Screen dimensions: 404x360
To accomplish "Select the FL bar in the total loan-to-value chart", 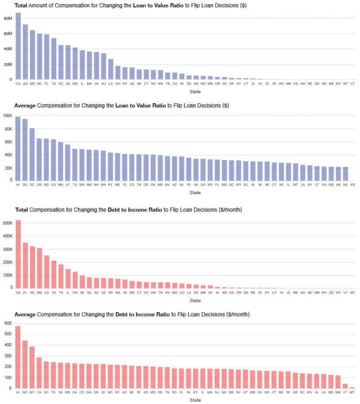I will coord(46,57).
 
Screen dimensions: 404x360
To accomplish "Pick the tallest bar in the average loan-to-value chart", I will coord(18,148).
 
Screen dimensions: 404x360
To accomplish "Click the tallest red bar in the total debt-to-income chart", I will coord(18,254).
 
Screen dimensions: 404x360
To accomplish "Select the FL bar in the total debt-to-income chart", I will coord(25,265).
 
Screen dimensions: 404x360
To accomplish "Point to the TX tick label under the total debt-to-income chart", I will coord(60,292).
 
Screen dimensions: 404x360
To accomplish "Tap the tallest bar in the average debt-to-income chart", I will coord(18,357).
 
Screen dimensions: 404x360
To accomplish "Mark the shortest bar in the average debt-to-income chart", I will coord(352,387).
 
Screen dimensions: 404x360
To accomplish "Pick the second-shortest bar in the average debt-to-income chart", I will coord(345,385).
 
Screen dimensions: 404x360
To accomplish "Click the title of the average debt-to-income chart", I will coord(132,314).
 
